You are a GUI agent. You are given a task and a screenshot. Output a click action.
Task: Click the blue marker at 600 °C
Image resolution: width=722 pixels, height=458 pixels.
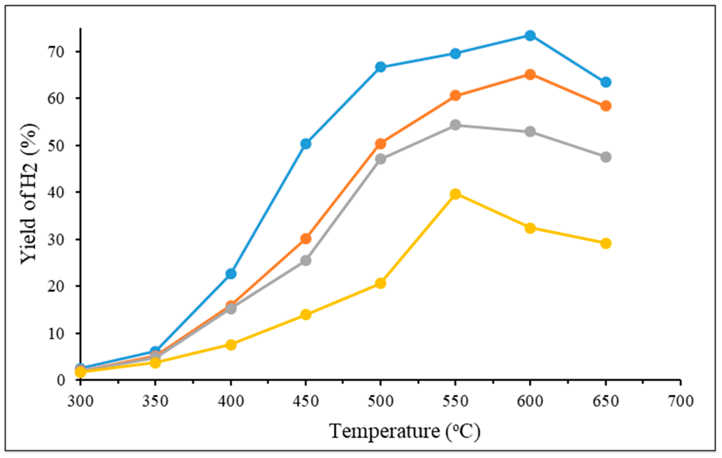click(x=530, y=35)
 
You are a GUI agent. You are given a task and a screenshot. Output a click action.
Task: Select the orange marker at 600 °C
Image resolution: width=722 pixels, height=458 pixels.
click(x=530, y=75)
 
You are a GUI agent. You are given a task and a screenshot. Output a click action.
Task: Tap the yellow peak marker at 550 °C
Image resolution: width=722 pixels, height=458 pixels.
click(x=455, y=194)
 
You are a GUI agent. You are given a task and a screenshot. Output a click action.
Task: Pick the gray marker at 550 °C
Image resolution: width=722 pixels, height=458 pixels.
click(x=455, y=125)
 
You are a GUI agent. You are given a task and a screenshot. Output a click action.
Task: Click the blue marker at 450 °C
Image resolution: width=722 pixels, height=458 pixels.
click(x=305, y=144)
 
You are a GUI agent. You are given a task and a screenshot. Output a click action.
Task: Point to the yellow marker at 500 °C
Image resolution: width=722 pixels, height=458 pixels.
click(x=380, y=283)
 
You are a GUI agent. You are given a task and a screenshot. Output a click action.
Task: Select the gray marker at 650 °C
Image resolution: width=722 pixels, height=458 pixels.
click(x=606, y=157)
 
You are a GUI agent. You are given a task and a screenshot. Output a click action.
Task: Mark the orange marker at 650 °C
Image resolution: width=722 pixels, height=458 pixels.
click(x=606, y=106)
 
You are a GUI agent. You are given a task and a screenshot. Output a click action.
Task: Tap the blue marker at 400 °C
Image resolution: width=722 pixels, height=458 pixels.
click(x=231, y=273)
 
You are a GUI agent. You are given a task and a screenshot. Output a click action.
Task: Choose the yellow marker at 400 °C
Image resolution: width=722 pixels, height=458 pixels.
click(x=231, y=345)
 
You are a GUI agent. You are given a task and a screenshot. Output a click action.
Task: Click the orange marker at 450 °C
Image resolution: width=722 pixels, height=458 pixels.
click(x=305, y=239)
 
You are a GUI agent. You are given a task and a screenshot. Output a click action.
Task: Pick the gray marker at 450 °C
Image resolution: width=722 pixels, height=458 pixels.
click(x=305, y=260)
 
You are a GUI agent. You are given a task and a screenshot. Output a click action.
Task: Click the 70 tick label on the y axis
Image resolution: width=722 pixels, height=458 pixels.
click(x=56, y=51)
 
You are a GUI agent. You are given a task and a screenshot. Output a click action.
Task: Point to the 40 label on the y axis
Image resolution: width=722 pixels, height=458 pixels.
click(x=56, y=192)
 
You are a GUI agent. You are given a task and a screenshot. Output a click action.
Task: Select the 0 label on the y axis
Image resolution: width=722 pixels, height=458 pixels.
click(x=61, y=380)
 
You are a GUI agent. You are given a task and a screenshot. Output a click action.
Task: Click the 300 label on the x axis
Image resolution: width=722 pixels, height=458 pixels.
click(x=81, y=401)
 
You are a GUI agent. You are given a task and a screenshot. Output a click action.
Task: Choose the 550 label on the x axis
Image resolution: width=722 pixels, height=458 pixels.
click(x=455, y=401)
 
